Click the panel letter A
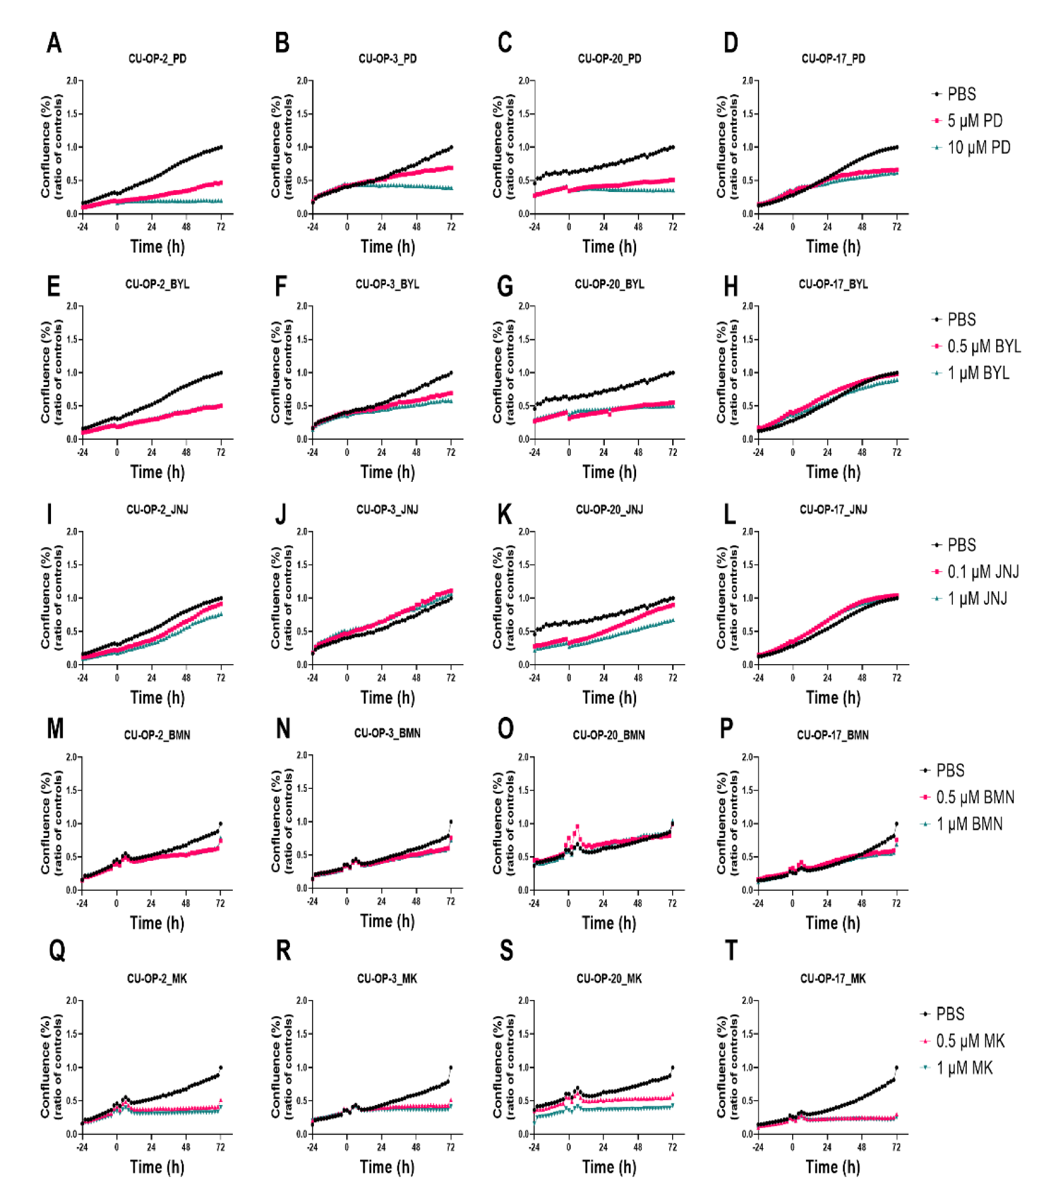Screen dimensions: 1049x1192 (54, 43)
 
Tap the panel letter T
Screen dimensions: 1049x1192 (731, 951)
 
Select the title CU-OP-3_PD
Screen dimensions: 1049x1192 (388, 58)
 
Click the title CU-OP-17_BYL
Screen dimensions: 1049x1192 (833, 284)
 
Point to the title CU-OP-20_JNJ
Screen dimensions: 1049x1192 (609, 509)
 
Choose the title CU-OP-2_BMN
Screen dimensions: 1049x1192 (157, 735)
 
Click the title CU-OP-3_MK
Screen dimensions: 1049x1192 (387, 978)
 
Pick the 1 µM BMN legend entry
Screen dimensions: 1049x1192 (961, 824)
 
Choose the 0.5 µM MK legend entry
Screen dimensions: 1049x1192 (963, 1041)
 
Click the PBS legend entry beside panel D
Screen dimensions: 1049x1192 (954, 94)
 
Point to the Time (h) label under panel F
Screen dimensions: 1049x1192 (388, 472)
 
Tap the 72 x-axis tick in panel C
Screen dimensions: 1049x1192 (673, 227)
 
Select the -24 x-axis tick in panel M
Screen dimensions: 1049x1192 (82, 903)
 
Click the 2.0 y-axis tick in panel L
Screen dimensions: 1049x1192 (748, 532)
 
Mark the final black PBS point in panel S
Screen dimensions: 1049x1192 (673, 1068)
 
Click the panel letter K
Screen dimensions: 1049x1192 (505, 515)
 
